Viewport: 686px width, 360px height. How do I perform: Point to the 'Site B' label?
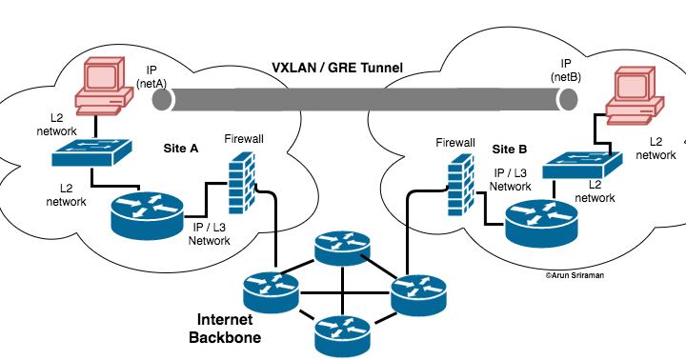point(509,150)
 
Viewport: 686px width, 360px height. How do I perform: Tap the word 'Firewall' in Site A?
point(244,139)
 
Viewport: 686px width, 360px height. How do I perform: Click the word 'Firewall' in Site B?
point(455,143)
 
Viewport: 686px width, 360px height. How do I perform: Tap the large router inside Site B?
point(540,221)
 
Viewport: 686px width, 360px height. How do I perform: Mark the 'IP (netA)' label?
point(152,77)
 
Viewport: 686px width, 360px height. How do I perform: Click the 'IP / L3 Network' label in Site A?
point(210,233)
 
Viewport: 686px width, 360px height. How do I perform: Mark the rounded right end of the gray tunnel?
point(569,99)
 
